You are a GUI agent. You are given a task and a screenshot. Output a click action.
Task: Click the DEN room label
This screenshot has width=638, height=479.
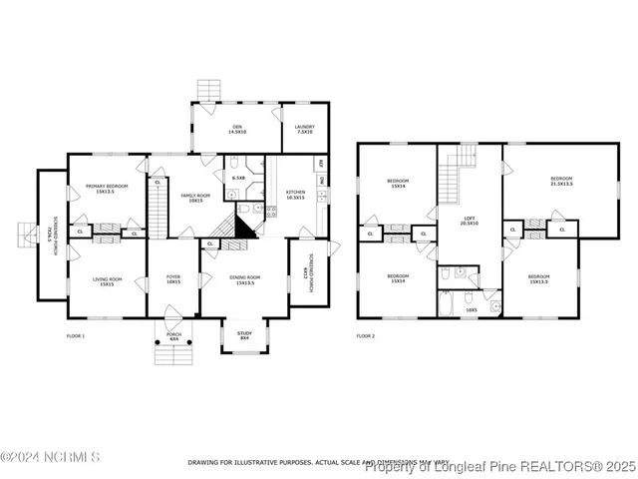tap(237, 129)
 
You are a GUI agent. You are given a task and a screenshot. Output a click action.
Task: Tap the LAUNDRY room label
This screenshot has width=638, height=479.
tap(304, 129)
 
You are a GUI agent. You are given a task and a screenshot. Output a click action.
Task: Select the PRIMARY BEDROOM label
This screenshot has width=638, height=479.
tap(105, 188)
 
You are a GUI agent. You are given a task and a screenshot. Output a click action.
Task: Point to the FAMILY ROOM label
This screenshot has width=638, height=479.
tap(197, 198)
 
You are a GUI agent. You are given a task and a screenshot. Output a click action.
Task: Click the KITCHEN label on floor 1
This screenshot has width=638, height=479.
tap(296, 195)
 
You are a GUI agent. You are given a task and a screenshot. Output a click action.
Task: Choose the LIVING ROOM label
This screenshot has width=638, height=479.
tap(105, 281)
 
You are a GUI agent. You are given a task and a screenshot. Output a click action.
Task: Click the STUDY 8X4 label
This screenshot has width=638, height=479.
tap(245, 335)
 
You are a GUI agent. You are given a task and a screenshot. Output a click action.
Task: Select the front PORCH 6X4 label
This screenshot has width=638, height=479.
tap(172, 337)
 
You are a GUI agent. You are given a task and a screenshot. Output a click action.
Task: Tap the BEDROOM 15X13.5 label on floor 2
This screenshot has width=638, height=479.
tap(538, 279)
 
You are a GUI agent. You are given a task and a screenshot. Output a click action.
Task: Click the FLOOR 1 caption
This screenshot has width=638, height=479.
tap(76, 336)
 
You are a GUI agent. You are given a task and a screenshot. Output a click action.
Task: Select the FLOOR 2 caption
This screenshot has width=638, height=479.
tap(367, 336)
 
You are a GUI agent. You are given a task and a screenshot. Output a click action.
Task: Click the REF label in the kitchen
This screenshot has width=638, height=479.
tap(321, 163)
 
